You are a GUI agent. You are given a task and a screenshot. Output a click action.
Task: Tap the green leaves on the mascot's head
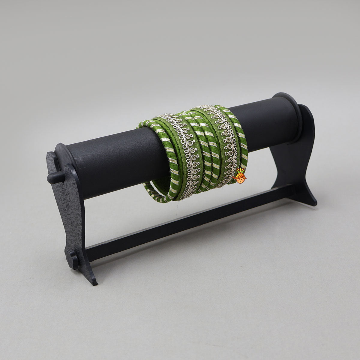pos(240,171)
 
